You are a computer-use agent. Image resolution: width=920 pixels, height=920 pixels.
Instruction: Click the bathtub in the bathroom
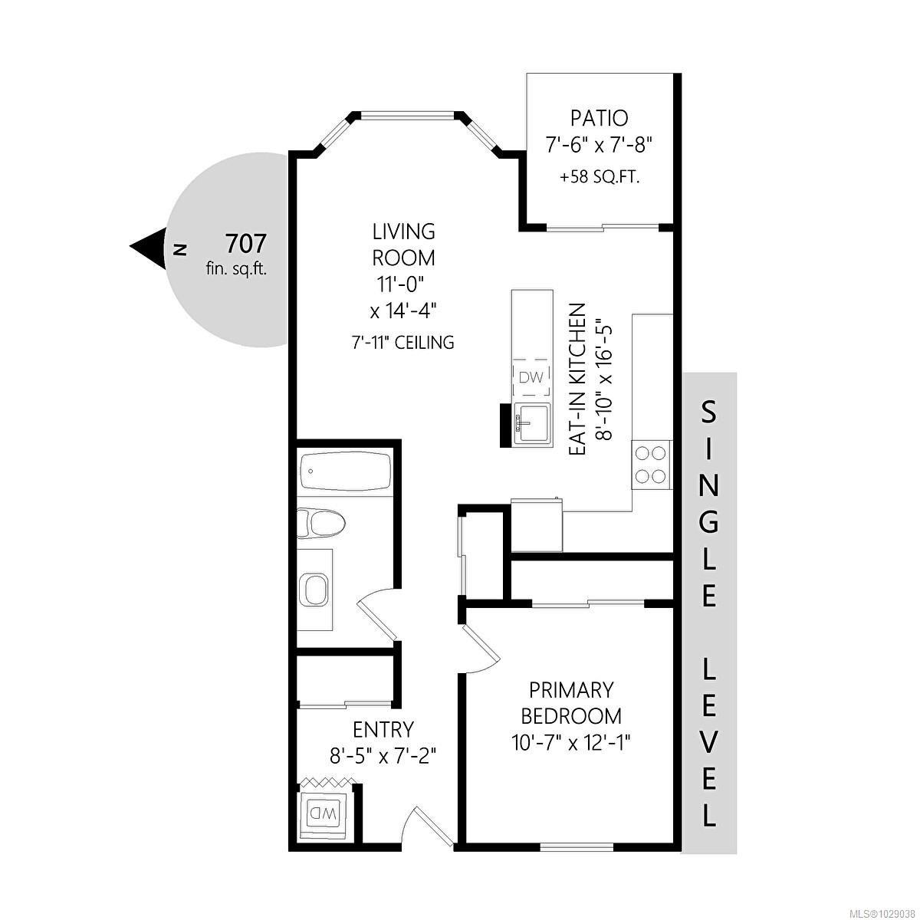point(346,472)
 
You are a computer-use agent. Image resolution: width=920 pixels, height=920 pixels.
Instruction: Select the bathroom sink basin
point(315,590)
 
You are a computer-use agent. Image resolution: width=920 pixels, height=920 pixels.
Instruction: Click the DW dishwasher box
point(531,376)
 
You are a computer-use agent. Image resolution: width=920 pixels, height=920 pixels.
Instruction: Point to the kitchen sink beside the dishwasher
point(532,422)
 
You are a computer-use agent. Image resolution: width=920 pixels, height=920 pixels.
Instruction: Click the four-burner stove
point(651,465)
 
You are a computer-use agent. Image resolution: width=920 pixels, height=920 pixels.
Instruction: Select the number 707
point(245,244)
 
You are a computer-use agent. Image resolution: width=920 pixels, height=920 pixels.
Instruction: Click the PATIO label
point(599,118)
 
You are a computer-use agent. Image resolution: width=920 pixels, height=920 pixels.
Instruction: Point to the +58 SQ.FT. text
point(600,177)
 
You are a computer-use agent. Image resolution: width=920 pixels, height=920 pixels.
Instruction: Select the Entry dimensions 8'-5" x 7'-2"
point(383,755)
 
